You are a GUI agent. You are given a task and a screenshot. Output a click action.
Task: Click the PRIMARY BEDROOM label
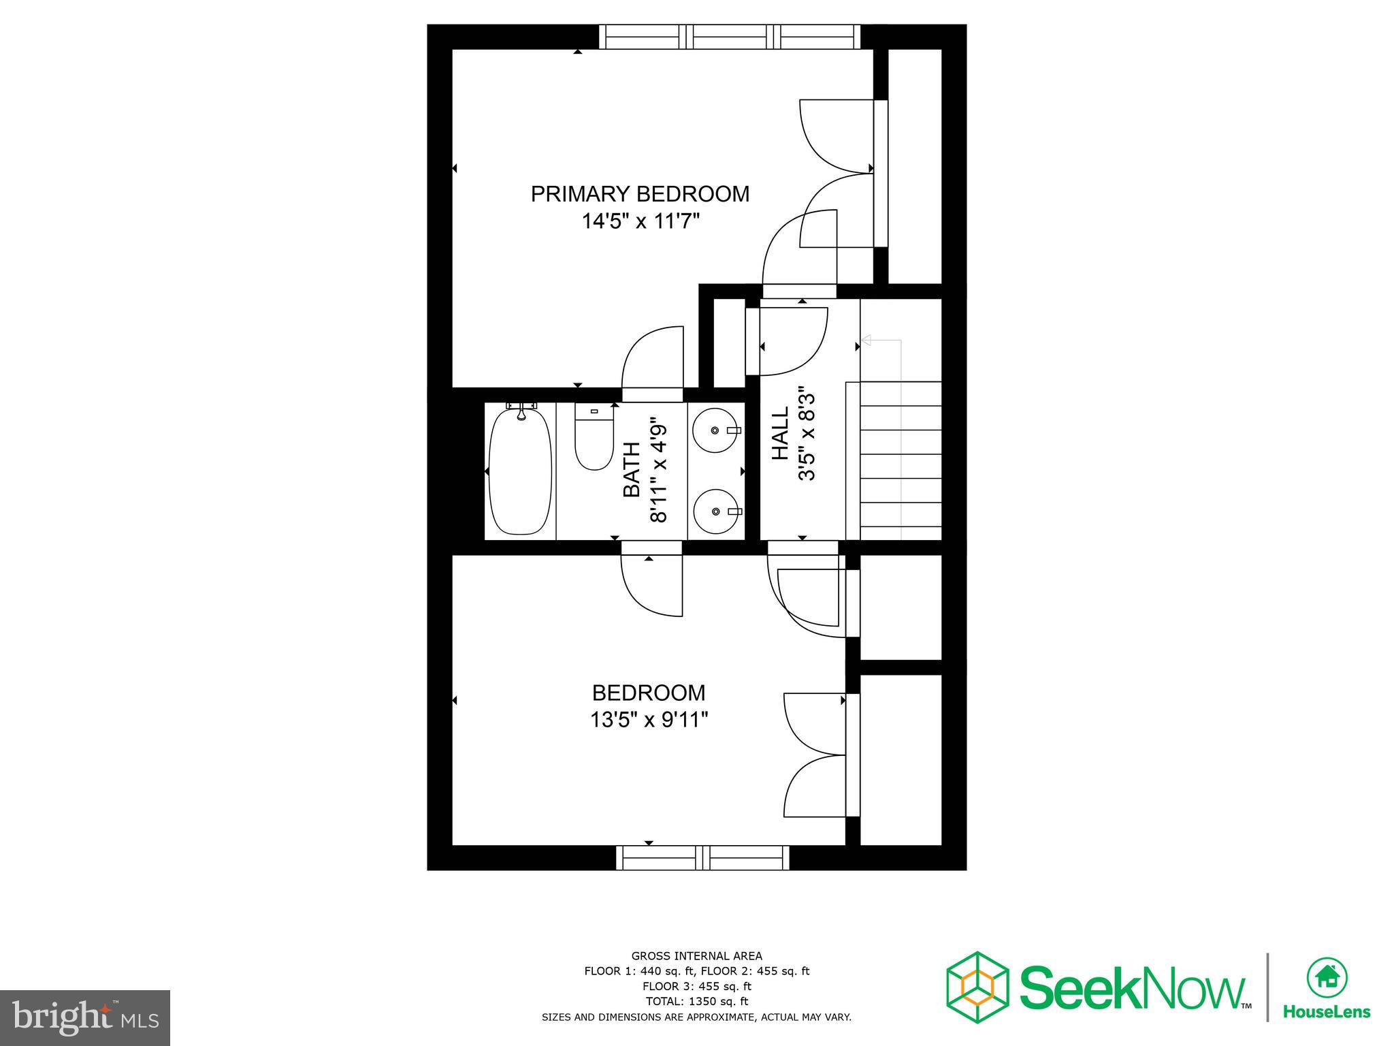[640, 194]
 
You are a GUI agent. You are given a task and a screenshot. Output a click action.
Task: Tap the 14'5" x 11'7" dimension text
[641, 221]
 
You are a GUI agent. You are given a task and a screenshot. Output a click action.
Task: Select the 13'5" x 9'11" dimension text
[649, 720]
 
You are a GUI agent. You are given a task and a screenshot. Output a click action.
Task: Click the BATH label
[632, 470]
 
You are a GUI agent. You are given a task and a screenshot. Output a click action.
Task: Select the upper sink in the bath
[715, 430]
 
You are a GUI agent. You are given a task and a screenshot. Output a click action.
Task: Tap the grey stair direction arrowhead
[866, 340]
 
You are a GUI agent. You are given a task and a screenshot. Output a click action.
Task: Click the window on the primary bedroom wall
[729, 37]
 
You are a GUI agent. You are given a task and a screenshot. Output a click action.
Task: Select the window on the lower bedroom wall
[702, 857]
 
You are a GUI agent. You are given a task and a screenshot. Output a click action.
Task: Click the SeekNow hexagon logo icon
[977, 987]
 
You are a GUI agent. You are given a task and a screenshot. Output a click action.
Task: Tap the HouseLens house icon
[1327, 977]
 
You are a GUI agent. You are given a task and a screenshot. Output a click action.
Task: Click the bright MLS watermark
[84, 1018]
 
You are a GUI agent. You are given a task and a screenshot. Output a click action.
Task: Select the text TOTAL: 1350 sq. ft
[696, 1001]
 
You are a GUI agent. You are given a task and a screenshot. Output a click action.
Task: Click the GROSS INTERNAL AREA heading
[696, 956]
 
